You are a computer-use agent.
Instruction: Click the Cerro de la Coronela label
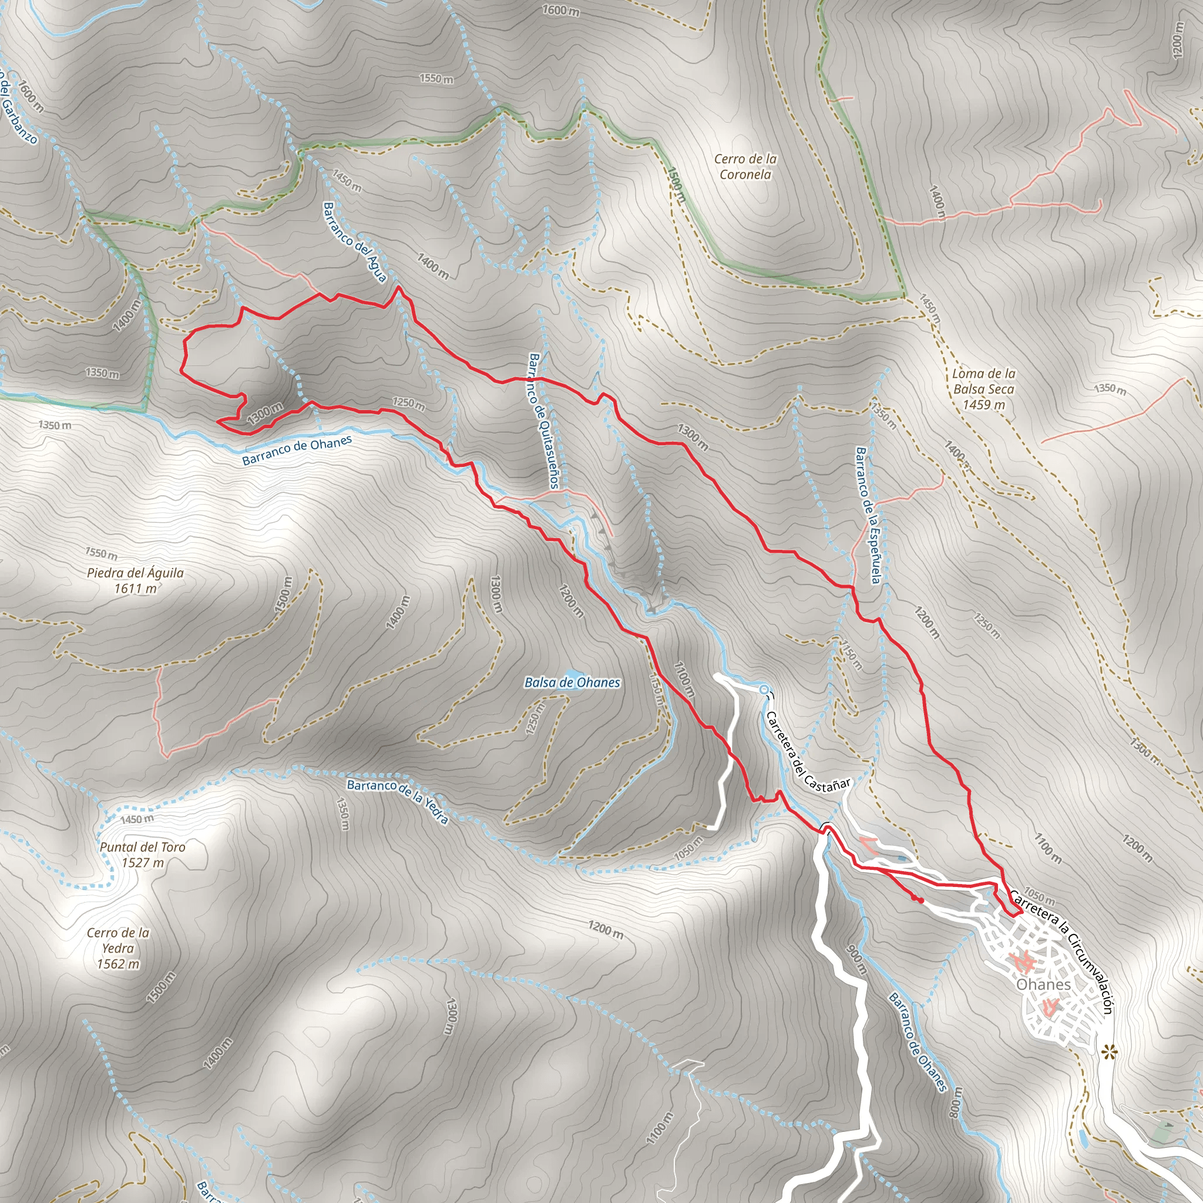click(745, 167)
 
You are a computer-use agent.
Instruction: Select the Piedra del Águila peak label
click(135, 580)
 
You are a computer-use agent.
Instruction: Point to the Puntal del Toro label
click(143, 854)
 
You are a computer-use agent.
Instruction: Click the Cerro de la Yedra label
click(117, 948)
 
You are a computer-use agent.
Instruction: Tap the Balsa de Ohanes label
click(572, 683)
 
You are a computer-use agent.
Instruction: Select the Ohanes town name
click(1044, 984)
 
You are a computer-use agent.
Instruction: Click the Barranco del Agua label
click(355, 241)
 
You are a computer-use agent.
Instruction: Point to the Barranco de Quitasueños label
click(543, 421)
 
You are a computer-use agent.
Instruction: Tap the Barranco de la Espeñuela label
click(868, 515)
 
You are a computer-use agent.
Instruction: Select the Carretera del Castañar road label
click(807, 754)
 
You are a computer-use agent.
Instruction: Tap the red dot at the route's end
click(920, 900)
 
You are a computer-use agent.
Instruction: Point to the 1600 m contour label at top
click(560, 11)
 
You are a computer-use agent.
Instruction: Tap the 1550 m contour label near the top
click(436, 79)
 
